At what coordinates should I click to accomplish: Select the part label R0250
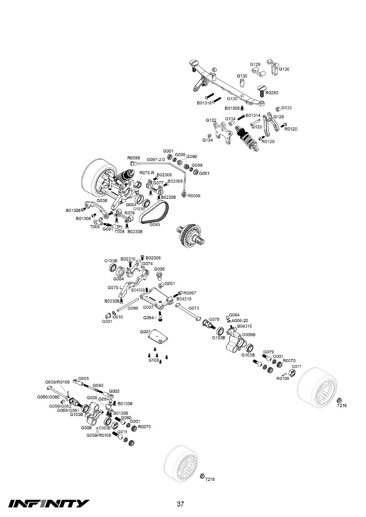(x=272, y=93)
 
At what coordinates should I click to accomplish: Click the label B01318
(x=204, y=103)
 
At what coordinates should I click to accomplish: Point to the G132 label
(x=211, y=120)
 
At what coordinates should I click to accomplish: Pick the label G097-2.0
(x=156, y=159)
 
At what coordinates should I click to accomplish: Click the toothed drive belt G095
(x=154, y=212)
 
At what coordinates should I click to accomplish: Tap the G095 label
(x=155, y=225)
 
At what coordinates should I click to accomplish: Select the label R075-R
(x=147, y=173)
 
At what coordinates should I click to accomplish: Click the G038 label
(x=102, y=201)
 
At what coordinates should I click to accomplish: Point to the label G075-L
(x=115, y=288)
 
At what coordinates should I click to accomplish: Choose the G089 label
(x=133, y=308)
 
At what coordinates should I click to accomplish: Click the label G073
(x=194, y=308)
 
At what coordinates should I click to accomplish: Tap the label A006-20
(x=240, y=321)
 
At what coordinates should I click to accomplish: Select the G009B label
(x=249, y=335)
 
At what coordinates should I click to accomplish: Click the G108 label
(x=154, y=360)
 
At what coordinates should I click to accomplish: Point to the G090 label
(x=98, y=386)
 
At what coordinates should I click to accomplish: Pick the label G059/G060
(x=48, y=397)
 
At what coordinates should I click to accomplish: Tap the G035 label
(x=92, y=398)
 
